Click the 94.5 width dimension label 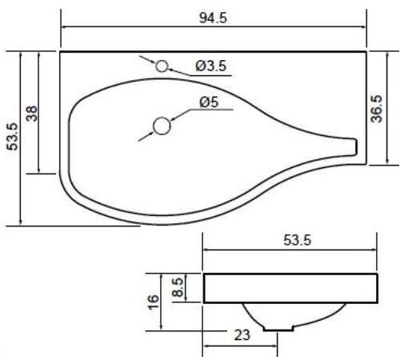click(213, 18)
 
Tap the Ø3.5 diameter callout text click(211, 66)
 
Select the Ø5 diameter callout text click(209, 102)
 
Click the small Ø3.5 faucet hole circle click(162, 66)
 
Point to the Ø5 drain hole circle click(162, 126)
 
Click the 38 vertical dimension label click(33, 114)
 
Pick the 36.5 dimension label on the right click(377, 109)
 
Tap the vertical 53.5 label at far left click(12, 137)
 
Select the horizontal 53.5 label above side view click(297, 240)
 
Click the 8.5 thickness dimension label click(178, 287)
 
